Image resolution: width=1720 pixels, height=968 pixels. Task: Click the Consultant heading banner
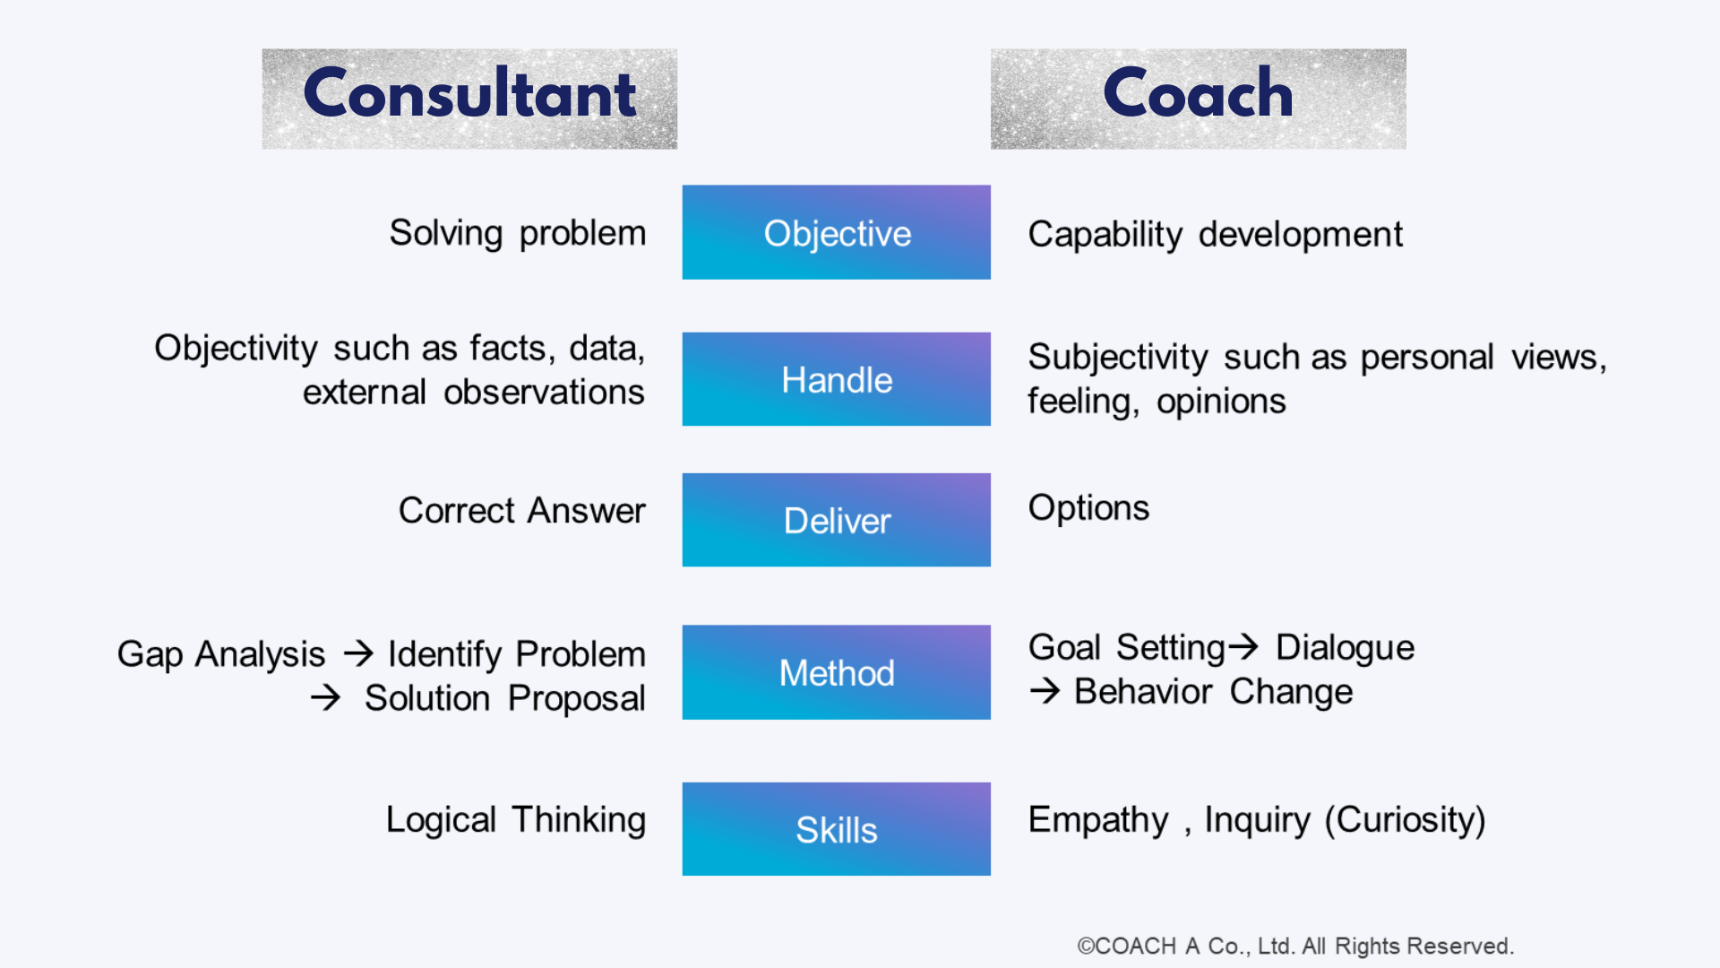click(469, 99)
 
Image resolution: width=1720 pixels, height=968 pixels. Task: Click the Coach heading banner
click(1198, 99)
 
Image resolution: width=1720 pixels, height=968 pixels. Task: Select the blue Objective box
click(836, 232)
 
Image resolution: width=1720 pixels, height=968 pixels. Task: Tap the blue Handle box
click(836, 379)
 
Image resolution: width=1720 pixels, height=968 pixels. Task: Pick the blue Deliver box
click(836, 520)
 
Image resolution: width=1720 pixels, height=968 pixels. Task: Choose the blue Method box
click(836, 672)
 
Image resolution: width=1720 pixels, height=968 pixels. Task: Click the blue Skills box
click(836, 829)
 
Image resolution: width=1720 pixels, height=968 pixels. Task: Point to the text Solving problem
click(518, 234)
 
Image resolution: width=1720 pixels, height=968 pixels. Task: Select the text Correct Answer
click(521, 511)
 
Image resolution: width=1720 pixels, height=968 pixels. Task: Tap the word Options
click(1088, 509)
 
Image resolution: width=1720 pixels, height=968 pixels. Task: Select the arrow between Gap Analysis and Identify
click(358, 653)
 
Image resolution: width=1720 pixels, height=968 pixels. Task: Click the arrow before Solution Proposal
click(326, 697)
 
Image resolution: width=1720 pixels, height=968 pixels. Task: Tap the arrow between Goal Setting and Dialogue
click(1243, 646)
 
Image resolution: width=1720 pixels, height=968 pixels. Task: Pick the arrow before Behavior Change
click(1045, 691)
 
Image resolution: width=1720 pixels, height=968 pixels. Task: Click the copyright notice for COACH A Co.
click(1295, 946)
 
